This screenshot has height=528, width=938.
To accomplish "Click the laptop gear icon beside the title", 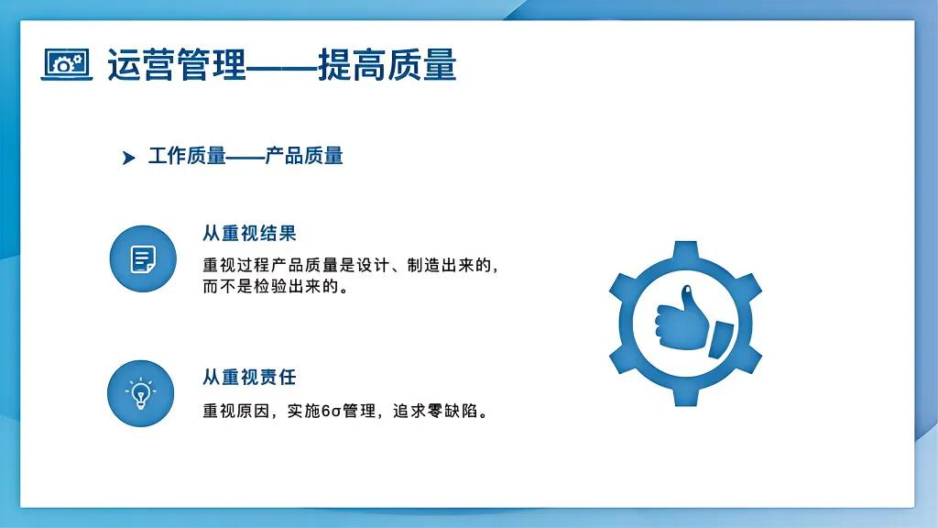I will (x=67, y=64).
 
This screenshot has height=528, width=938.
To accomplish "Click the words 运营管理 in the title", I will (x=177, y=65).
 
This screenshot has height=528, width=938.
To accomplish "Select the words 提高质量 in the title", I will (x=387, y=65).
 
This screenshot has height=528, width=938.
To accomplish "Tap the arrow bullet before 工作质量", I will (x=128, y=158).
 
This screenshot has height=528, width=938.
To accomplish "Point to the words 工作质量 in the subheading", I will (x=187, y=156).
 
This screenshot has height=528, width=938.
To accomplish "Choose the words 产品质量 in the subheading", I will (x=304, y=156).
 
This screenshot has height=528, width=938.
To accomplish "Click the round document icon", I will (x=142, y=258).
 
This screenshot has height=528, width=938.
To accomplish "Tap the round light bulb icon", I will (x=140, y=393).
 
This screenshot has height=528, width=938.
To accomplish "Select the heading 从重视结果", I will (x=249, y=234).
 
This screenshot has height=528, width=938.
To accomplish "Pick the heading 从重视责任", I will (x=249, y=377).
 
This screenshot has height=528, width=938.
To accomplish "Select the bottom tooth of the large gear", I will (x=685, y=395).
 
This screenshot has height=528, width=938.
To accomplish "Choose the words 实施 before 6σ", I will (x=304, y=412).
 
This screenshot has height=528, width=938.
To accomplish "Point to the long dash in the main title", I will (x=282, y=66).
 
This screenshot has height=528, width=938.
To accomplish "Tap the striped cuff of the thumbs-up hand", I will (x=720, y=337).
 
